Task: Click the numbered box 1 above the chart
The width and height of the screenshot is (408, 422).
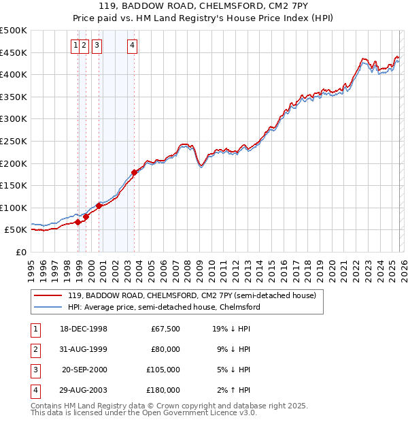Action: coord(75,46)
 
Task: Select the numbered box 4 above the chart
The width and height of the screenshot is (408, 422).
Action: coord(132,46)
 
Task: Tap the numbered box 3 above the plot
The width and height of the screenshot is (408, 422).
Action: coord(97,46)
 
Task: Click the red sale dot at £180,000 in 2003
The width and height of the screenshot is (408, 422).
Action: coord(134,172)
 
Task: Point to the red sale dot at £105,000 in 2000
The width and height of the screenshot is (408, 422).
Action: coord(99,205)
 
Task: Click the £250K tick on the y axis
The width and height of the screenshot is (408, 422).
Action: coord(14,141)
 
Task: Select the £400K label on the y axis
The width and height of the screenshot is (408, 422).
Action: coord(14,74)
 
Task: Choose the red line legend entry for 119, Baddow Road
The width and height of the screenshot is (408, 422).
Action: coord(192,296)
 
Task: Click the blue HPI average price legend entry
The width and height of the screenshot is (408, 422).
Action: coord(163,308)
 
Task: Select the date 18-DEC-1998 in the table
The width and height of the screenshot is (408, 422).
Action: coord(84,329)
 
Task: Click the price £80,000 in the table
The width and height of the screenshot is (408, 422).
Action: coord(165,349)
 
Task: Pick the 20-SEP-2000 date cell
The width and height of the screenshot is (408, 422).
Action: coord(84,370)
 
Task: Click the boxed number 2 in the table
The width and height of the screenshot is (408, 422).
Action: coord(34,349)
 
